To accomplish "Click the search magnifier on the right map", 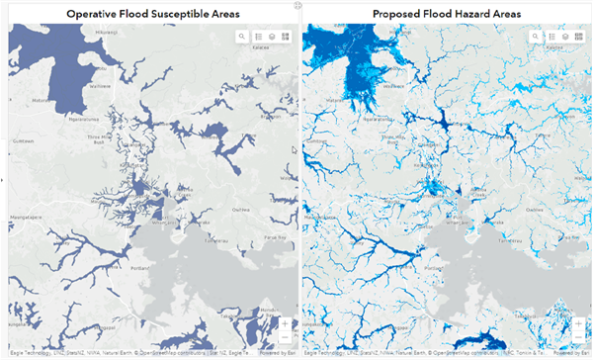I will [x=537, y=37].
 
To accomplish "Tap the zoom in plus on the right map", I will [x=578, y=323].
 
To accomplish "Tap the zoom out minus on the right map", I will [x=578, y=338].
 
